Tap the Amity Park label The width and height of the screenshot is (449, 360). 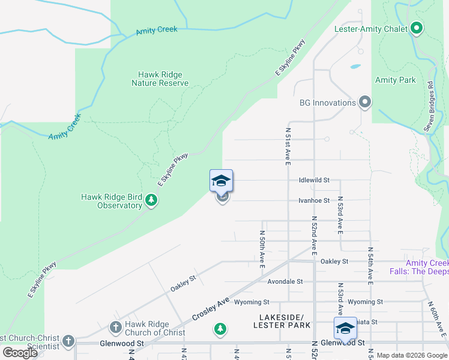coord(395,80)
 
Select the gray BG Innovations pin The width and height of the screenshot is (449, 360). coord(364,103)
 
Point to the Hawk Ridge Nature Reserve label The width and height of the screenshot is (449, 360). coord(160,79)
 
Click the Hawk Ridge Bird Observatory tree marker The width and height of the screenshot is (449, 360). coord(151,200)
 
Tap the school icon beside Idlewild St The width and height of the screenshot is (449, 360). coord(221,181)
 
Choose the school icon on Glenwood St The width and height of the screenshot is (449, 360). coord(345,328)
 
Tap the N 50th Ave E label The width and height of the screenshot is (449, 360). coord(262,248)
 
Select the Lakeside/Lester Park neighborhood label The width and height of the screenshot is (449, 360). coord(285,321)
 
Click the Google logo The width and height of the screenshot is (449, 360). coord(20,352)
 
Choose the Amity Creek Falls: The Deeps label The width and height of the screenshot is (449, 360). coord(427,267)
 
